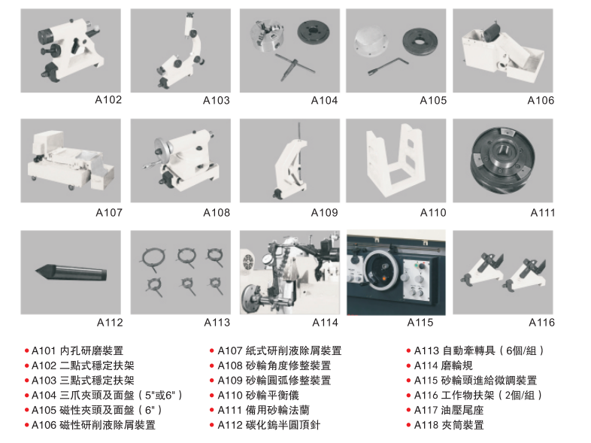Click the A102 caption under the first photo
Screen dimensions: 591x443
(108, 100)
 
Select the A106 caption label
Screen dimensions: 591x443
(541, 101)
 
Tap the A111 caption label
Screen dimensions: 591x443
(542, 213)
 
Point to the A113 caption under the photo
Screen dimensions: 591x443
(217, 323)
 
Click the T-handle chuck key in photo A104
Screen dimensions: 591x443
(294, 67)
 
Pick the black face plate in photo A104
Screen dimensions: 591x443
(314, 32)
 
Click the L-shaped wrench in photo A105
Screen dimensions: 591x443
(388, 66)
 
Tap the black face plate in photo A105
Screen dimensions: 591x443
(420, 41)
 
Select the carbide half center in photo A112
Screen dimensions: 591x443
(71, 272)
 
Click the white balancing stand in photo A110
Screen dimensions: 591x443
(396, 160)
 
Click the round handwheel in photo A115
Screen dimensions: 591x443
(381, 270)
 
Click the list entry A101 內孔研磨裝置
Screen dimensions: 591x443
(77, 351)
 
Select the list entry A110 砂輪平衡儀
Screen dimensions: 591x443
(258, 396)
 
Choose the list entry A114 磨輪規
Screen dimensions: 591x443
(444, 366)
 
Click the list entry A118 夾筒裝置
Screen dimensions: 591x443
(449, 425)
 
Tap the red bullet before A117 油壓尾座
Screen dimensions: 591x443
(408, 410)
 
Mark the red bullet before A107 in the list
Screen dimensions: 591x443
(212, 351)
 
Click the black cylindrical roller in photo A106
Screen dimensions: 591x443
(492, 32)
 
